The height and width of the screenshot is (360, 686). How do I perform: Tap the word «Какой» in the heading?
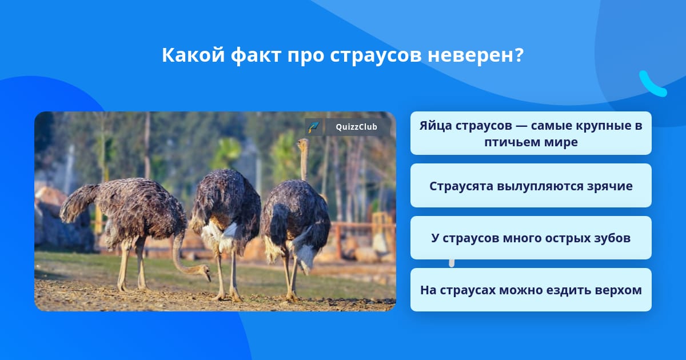click(x=193, y=55)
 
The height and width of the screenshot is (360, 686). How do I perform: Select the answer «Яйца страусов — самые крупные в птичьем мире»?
click(x=531, y=133)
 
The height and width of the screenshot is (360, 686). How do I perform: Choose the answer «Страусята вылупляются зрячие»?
click(x=531, y=186)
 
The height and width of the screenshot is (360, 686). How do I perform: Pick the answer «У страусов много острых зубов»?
click(x=531, y=238)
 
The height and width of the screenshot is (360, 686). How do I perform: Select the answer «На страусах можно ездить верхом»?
click(x=531, y=290)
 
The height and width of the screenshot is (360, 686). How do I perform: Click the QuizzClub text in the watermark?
click(x=356, y=127)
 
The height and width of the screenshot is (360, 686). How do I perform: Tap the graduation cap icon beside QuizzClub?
click(x=313, y=127)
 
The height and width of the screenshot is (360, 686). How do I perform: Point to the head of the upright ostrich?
click(x=303, y=143)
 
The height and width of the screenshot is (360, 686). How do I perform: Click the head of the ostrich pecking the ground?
click(x=204, y=271)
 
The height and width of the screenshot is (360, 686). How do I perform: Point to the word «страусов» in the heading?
click(x=376, y=56)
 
